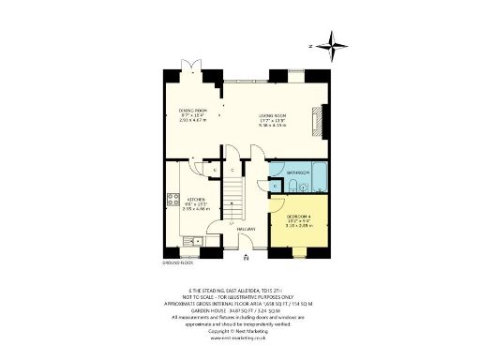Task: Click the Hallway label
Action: [246, 230]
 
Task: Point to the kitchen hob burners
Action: [172, 199]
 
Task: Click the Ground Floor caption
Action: [177, 263]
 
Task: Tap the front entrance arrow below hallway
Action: [246, 256]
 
